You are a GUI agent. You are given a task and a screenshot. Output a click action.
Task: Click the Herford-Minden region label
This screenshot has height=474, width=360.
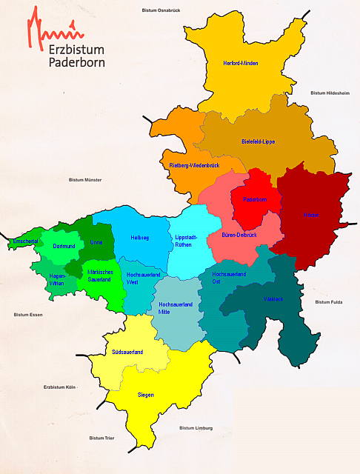[240, 64]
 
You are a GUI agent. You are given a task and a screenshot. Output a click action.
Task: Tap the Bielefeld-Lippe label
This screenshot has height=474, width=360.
[259, 141]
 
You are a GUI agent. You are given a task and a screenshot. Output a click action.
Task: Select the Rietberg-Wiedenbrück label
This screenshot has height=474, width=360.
[194, 164]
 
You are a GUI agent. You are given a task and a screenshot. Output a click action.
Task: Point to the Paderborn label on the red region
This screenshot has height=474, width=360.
[254, 199]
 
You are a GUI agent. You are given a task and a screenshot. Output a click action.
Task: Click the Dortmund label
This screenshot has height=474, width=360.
[64, 245]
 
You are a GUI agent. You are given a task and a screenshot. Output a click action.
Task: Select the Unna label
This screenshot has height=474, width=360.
[96, 242]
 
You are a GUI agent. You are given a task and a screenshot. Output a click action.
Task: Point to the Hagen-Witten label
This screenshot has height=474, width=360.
[56, 279]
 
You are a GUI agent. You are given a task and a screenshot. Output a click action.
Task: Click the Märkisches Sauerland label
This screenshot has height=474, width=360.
[99, 276]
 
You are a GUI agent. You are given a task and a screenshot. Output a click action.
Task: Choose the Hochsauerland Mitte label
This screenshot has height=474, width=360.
[176, 308]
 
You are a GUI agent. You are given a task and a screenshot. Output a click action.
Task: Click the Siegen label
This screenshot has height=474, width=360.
[146, 395]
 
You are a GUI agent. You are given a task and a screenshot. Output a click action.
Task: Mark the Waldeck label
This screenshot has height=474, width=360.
[273, 300]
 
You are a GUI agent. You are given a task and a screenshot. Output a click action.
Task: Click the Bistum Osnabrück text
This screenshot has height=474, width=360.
[166, 10]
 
